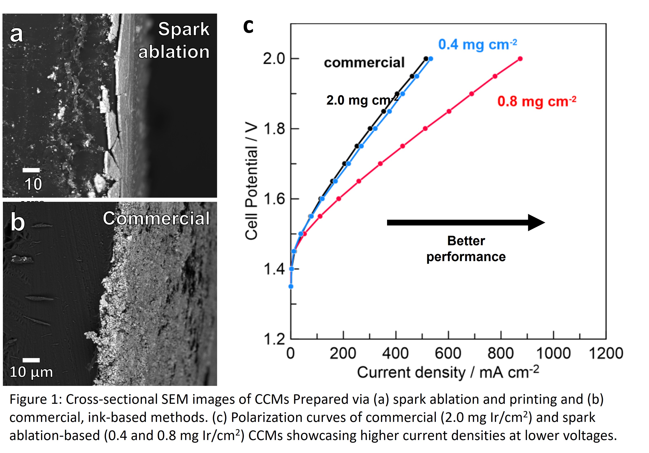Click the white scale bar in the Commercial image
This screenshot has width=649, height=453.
[x=31, y=360]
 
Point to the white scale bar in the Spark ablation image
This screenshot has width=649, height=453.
[x=31, y=170]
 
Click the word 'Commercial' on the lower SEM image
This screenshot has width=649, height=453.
[x=156, y=219]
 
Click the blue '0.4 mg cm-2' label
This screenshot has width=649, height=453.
[x=477, y=45]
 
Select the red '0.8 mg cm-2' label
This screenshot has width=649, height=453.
[x=536, y=102]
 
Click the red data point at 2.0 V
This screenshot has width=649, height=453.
[x=520, y=59]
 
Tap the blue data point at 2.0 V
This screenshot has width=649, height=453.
[x=430, y=59]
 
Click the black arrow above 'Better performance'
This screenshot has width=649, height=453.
[x=465, y=223]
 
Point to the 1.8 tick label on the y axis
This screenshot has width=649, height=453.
[x=274, y=129]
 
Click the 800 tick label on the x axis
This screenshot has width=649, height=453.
[x=500, y=354]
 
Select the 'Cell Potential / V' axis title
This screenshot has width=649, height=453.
[x=251, y=181]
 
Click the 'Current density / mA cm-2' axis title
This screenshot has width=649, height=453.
[x=448, y=372]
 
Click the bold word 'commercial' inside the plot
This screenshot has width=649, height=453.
[x=364, y=62]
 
